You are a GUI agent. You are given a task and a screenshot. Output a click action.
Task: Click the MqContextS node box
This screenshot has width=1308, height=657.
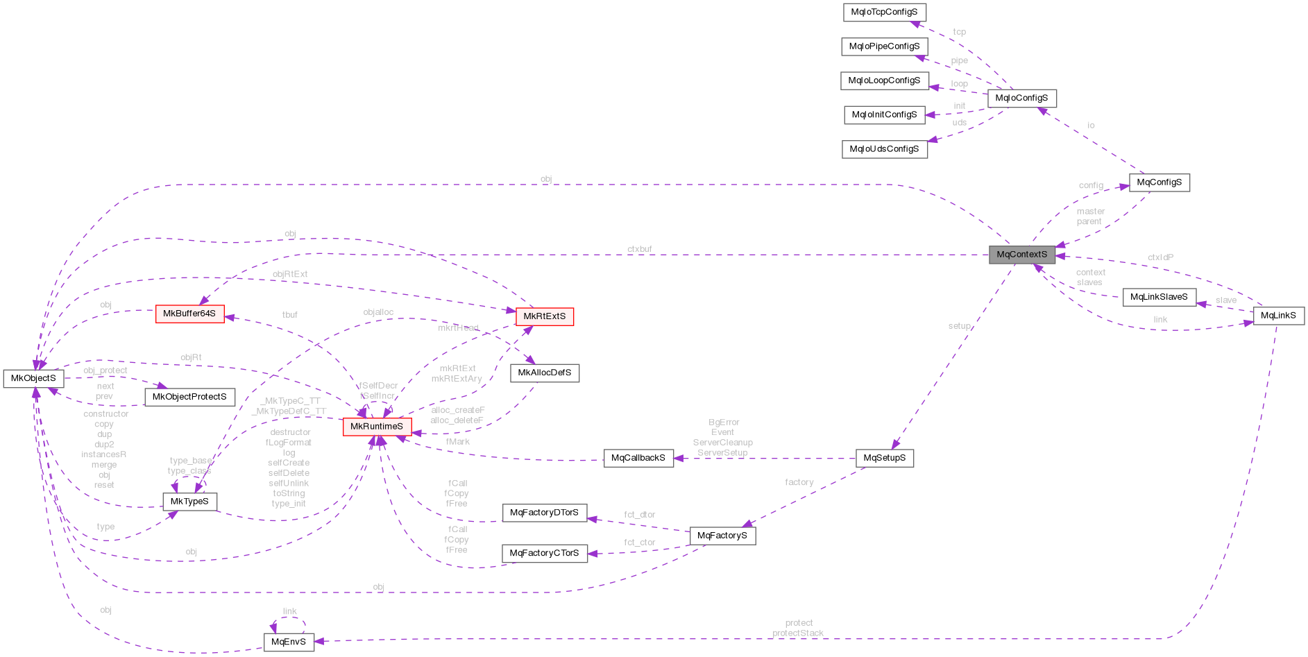tap(1021, 255)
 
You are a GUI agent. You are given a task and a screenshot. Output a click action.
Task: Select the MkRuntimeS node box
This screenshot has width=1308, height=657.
tap(377, 427)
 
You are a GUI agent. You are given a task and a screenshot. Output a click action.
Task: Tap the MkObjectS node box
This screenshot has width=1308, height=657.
tap(33, 378)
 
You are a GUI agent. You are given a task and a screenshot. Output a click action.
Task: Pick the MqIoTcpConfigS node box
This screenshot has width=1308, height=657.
tap(884, 12)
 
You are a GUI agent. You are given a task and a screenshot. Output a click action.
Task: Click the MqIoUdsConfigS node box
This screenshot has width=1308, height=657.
tap(884, 148)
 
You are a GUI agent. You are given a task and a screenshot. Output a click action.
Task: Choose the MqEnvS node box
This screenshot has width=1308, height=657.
tap(289, 642)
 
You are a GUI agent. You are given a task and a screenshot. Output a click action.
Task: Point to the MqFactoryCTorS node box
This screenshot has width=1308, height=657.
tap(544, 553)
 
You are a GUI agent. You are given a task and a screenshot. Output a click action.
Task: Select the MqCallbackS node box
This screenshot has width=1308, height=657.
tap(638, 458)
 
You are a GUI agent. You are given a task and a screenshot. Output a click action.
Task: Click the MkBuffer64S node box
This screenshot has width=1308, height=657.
tap(189, 314)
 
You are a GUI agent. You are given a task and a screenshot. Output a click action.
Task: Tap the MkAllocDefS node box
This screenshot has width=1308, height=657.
tap(545, 373)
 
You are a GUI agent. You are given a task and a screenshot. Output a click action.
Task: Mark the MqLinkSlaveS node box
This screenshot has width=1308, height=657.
tap(1159, 297)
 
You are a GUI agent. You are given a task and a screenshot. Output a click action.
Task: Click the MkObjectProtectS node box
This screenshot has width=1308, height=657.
tap(189, 397)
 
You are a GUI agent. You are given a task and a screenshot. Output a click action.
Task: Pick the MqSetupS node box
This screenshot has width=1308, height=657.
tap(885, 458)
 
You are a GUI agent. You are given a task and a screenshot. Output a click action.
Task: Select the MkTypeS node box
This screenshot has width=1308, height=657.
tap(189, 502)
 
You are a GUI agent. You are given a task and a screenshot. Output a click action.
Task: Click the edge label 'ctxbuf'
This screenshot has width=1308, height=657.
tap(639, 249)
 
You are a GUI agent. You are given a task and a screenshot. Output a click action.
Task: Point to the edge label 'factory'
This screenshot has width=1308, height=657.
tap(799, 482)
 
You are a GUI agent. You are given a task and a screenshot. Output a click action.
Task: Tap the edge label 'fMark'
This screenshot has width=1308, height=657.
tap(458, 441)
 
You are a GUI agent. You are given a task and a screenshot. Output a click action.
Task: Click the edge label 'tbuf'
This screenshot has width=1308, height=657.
tap(290, 315)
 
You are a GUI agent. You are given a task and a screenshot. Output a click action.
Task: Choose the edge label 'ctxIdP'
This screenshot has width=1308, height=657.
tap(1160, 257)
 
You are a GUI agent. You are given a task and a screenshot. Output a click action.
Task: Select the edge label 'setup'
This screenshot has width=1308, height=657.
tap(959, 326)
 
